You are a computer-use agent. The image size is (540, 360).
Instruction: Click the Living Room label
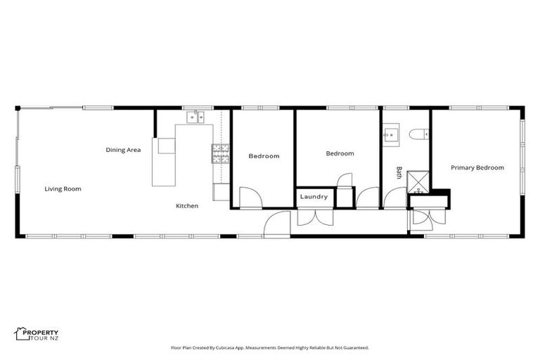(x=63, y=188)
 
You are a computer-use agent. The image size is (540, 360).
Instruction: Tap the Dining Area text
(x=123, y=150)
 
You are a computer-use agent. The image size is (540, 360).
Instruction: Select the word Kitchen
(x=186, y=206)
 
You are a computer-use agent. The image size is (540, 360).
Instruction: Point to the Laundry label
(x=314, y=197)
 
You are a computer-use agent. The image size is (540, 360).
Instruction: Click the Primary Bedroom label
(x=477, y=167)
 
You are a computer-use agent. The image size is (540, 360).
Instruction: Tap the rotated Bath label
(x=399, y=172)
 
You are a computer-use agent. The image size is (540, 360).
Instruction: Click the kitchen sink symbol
(x=195, y=117)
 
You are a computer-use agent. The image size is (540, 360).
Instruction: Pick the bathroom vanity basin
(x=392, y=134)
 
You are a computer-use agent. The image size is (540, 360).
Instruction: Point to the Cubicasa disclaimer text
(x=269, y=347)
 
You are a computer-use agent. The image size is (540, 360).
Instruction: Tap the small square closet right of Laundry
(x=344, y=198)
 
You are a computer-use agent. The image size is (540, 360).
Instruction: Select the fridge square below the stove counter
(x=221, y=191)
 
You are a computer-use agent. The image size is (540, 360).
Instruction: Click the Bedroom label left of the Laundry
(x=264, y=156)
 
